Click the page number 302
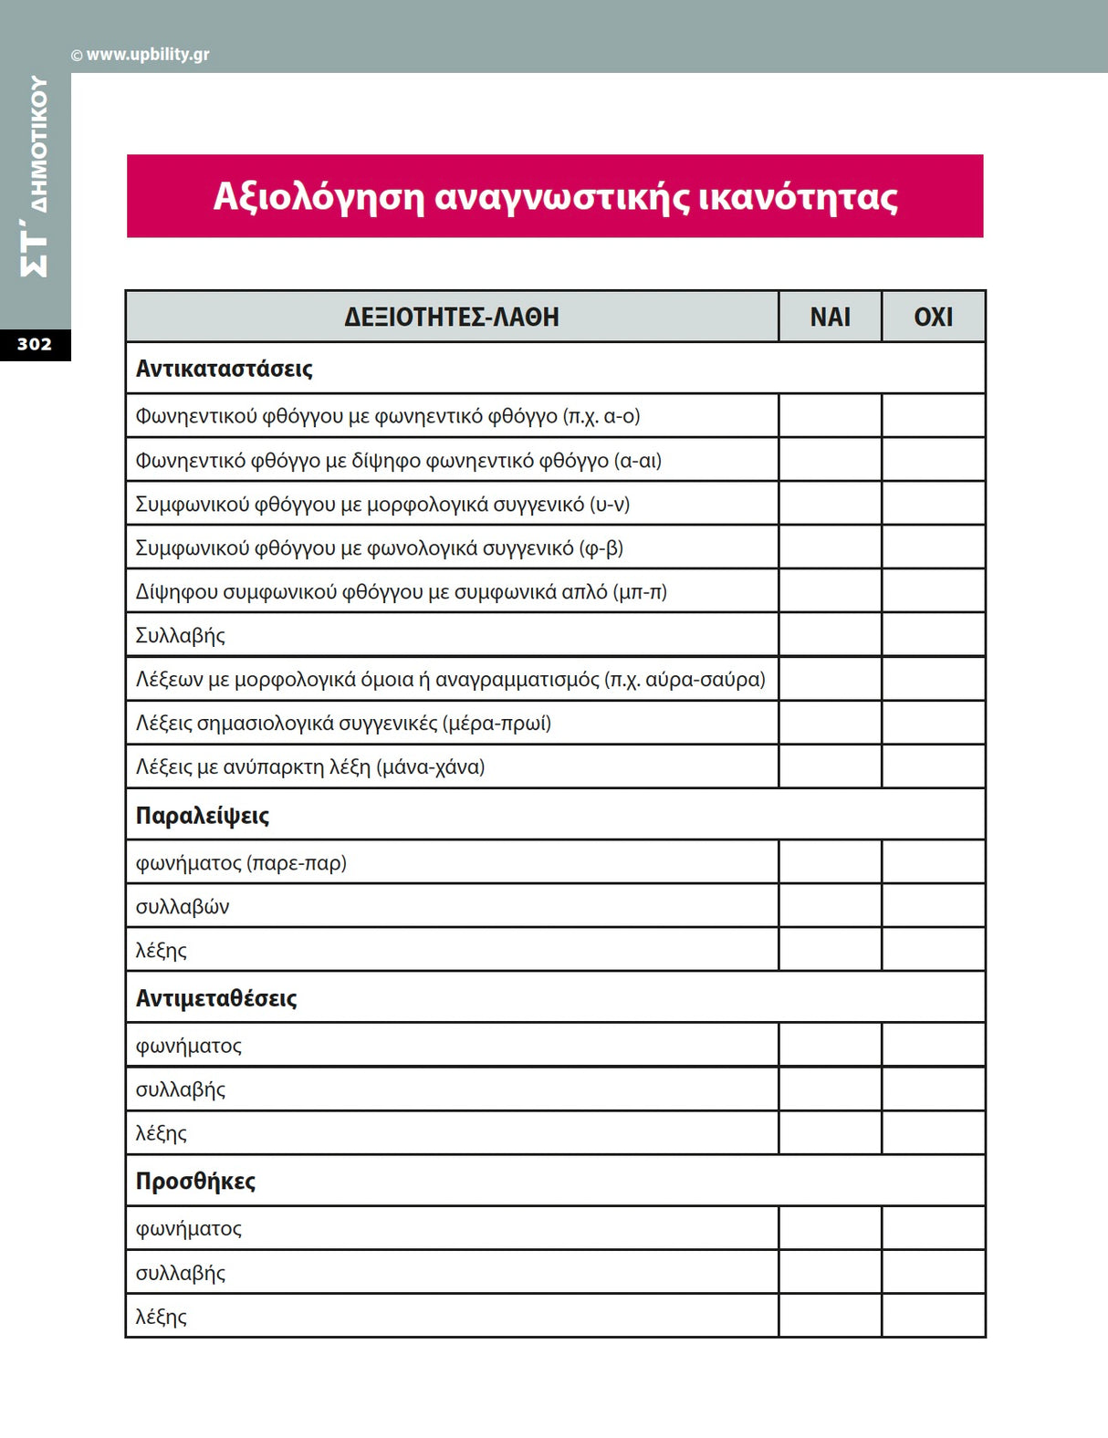pyautogui.click(x=35, y=344)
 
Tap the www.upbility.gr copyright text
pyautogui.click(x=141, y=55)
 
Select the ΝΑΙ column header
pyautogui.click(x=830, y=317)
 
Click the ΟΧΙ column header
pyautogui.click(x=933, y=317)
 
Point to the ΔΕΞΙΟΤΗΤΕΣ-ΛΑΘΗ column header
pyautogui.click(x=452, y=317)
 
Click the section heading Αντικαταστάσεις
pyautogui.click(x=224, y=369)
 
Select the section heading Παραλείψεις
pyautogui.click(x=203, y=815)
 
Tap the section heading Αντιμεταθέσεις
pyautogui.click(x=216, y=998)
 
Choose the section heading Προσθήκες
pyautogui.click(x=195, y=1181)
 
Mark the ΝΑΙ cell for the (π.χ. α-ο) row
pyautogui.click(x=830, y=416)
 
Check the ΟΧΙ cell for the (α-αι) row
pyautogui.click(x=933, y=460)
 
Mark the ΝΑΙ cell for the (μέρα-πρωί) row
pyautogui.click(x=830, y=723)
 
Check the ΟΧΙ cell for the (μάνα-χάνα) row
pyautogui.click(x=933, y=766)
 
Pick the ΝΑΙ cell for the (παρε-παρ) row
pyautogui.click(x=830, y=862)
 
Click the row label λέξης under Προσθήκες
pyautogui.click(x=162, y=1317)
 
